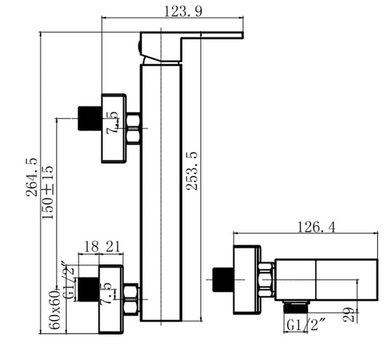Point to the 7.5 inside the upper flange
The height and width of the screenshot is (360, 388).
(x=112, y=121)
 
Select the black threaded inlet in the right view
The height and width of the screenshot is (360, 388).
(x=221, y=278)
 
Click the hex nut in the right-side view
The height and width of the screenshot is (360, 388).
(x=266, y=278)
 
